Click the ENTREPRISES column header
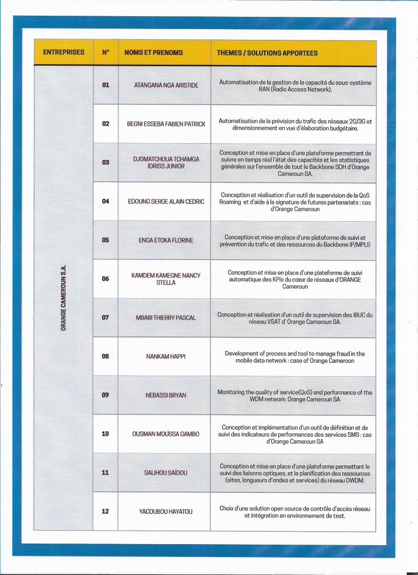(x=63, y=53)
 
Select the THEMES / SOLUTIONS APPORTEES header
(x=267, y=53)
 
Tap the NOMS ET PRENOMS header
(x=154, y=53)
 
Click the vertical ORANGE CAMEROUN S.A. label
(x=63, y=297)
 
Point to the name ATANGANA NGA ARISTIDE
(x=166, y=85)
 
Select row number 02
(x=105, y=124)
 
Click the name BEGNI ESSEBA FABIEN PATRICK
(x=166, y=124)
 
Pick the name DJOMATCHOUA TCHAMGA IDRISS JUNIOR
(x=166, y=163)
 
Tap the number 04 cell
(x=105, y=201)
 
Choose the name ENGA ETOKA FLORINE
(x=166, y=240)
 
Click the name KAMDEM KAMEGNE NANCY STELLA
(x=166, y=279)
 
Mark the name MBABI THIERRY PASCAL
(x=166, y=318)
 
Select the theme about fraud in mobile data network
(x=295, y=357)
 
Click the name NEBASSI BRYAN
(x=166, y=395)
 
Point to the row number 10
(x=105, y=434)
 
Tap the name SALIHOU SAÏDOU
(x=166, y=473)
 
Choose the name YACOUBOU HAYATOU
(x=166, y=512)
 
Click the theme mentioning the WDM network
(x=295, y=395)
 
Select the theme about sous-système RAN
(x=295, y=85)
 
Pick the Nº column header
(x=105, y=53)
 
